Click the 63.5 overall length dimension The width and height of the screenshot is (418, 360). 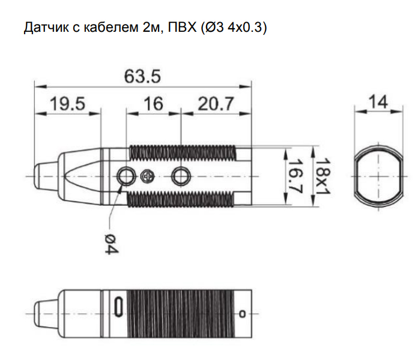142,76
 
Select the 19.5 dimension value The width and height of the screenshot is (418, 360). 68,103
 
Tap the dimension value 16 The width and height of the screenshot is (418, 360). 153,103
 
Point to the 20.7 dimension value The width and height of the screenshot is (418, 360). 216,103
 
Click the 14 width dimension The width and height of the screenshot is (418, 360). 378,101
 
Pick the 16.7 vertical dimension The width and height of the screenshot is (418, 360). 295,176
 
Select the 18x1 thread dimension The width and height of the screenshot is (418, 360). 323,176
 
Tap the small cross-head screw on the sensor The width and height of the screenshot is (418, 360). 147,176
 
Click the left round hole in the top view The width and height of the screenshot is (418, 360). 126,176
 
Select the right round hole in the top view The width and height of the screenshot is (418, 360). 181,176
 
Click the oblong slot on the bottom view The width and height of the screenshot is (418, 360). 118,307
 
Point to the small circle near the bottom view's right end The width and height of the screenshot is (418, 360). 242,314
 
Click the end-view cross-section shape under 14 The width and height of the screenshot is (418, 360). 378,176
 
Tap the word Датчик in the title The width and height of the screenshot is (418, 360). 46,28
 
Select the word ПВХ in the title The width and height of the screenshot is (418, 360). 182,27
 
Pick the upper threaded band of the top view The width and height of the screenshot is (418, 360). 183,154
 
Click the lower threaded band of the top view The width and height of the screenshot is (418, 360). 181,200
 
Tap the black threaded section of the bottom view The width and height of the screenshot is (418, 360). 181,314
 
